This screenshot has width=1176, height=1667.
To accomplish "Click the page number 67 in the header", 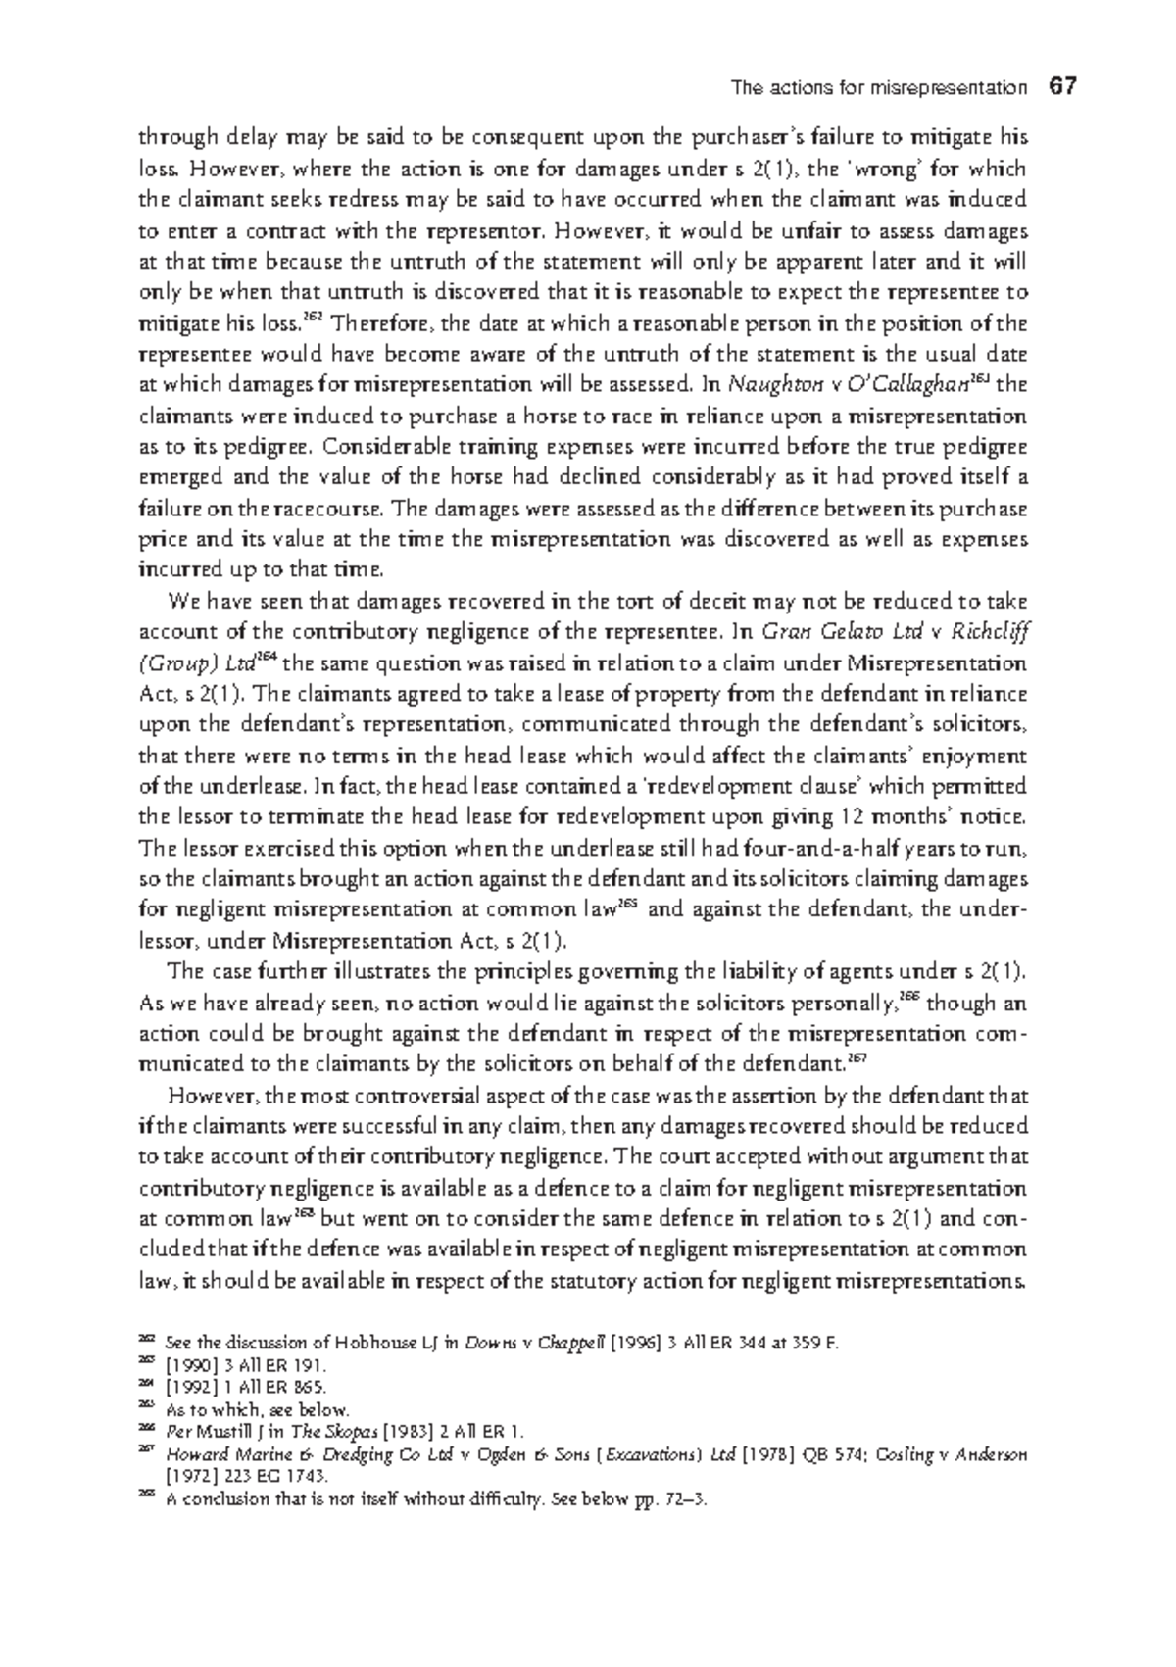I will [x=1061, y=86].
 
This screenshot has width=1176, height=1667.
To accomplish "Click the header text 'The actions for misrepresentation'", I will [x=879, y=88].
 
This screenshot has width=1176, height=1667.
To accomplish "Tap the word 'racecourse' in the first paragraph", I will [x=335, y=509].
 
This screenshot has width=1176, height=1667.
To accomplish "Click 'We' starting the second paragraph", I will [x=182, y=601].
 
